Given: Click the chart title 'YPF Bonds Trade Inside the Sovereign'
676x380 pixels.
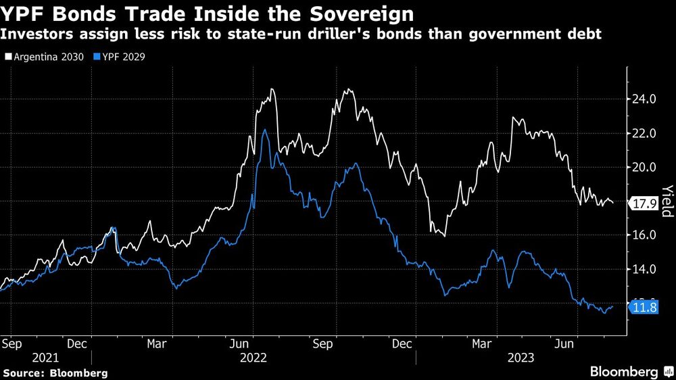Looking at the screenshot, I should (x=208, y=13).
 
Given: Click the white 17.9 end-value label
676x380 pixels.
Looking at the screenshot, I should (x=644, y=203).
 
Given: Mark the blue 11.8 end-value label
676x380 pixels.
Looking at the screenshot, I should (x=644, y=308).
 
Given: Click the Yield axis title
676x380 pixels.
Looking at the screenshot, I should (x=667, y=201).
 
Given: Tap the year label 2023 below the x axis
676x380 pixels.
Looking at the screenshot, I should (x=522, y=357).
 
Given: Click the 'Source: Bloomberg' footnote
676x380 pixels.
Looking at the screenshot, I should (x=55, y=373).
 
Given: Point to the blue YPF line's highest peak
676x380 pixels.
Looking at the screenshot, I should (x=264, y=130).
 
